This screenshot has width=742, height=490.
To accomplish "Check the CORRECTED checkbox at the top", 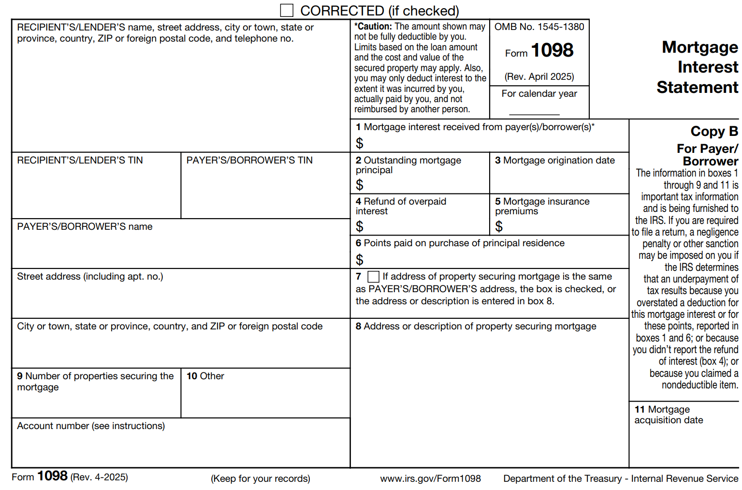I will point(287,10).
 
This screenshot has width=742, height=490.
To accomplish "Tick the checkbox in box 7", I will point(373,277).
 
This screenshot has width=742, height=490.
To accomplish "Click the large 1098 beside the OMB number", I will point(552,50).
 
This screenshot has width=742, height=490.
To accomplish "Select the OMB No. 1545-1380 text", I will point(539,27).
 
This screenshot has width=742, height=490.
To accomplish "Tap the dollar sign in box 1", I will point(359,143).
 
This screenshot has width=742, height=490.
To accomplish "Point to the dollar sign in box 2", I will point(359,185).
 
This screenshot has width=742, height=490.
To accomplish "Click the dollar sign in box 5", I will point(499,226).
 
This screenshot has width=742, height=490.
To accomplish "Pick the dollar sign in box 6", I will point(359,260).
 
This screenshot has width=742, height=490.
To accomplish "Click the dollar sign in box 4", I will point(359,226).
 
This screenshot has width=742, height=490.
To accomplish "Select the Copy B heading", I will point(714,131).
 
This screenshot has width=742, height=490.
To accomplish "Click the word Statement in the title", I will point(697,88).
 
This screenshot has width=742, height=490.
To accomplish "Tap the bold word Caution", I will point(374,27).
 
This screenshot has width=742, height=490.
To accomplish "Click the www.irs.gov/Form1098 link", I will point(430,478).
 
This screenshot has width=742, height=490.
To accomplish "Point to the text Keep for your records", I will point(261,478).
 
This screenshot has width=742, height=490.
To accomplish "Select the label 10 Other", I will point(205,376).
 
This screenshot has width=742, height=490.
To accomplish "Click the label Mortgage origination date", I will point(559,160).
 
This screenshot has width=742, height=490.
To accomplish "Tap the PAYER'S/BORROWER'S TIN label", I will point(249,160).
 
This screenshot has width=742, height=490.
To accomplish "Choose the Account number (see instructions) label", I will point(91,426).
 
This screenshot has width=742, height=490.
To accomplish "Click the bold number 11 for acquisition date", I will point(640,409).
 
